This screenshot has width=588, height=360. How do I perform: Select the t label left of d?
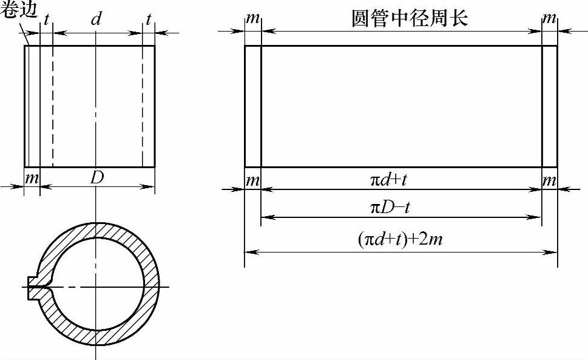click(47, 19)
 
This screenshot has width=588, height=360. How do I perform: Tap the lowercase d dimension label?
click(96, 19)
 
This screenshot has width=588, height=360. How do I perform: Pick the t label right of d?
click(148, 19)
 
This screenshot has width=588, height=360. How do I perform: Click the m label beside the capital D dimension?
click(32, 179)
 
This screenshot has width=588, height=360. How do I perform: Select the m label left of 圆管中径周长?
click(253, 19)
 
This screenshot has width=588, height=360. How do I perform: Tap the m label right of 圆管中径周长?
click(549, 19)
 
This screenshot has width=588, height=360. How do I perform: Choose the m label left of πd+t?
click(253, 180)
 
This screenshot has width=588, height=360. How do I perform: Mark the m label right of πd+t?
click(549, 180)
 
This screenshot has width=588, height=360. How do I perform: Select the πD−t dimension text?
click(392, 208)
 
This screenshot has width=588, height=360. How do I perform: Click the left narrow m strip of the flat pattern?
click(253, 106)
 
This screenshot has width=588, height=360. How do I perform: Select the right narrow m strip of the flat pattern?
click(549, 106)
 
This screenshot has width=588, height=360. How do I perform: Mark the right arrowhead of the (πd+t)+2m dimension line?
click(553, 251)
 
